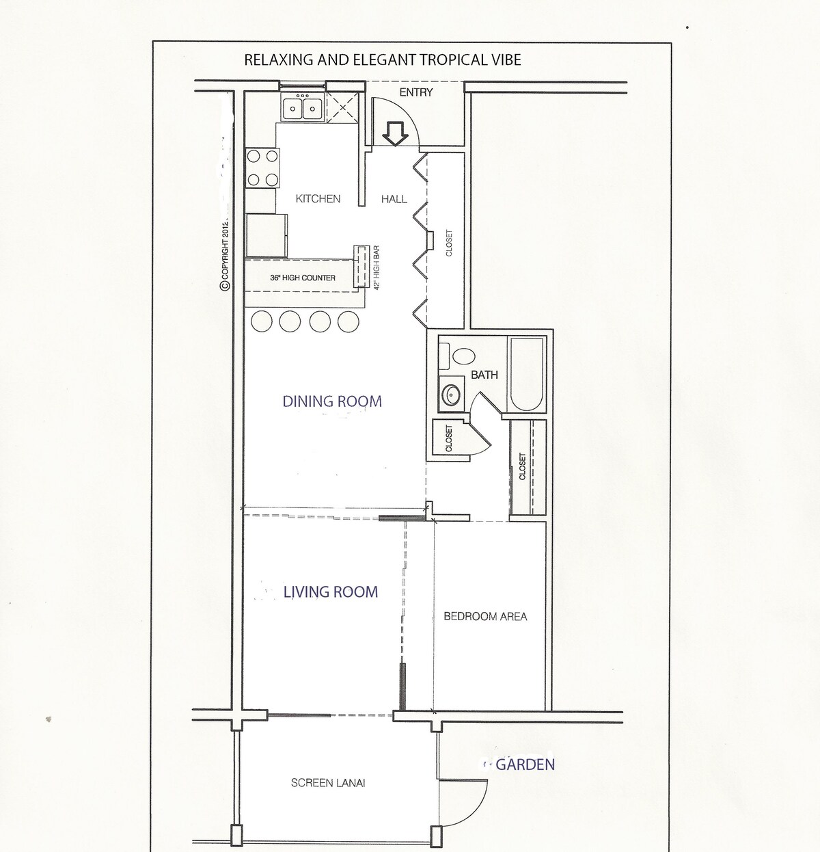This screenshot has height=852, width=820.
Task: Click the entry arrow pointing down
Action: [395, 134]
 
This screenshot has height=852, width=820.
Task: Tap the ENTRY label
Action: [416, 92]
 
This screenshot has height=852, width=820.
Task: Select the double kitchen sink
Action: [302, 107]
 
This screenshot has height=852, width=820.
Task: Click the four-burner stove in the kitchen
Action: [262, 168]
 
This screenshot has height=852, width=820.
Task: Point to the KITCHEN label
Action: [318, 199]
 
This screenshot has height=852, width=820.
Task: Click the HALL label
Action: [394, 199]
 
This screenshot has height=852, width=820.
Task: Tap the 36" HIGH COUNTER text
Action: [303, 278]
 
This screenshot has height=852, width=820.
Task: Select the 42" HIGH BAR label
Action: [377, 267]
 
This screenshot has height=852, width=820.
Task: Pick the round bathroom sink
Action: [451, 394]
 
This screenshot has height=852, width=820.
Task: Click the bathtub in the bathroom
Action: [526, 374]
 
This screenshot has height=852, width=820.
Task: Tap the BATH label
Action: [484, 375]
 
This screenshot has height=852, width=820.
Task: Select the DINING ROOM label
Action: [332, 401]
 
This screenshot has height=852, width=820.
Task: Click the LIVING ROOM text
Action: [330, 592]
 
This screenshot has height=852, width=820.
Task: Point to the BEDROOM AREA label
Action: [485, 617]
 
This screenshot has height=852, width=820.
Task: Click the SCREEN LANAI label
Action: [328, 783]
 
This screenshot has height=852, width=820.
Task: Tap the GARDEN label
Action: [525, 764]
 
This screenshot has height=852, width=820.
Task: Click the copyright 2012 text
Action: [225, 256]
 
